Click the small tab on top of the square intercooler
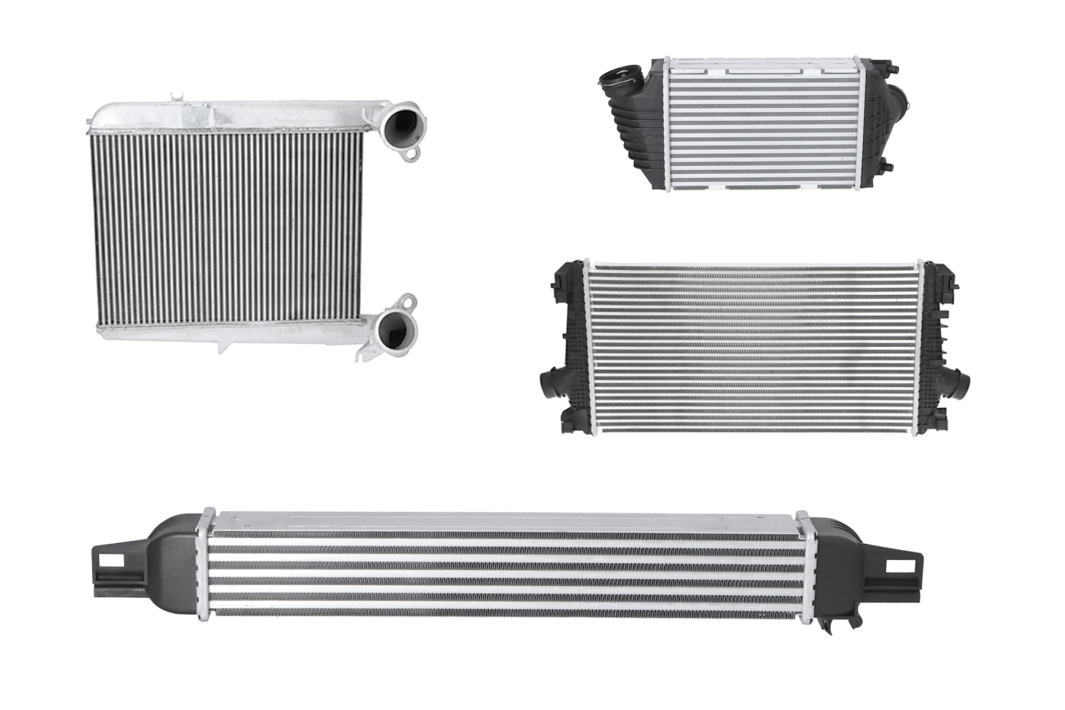(176, 99)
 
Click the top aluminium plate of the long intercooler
(503, 521)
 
